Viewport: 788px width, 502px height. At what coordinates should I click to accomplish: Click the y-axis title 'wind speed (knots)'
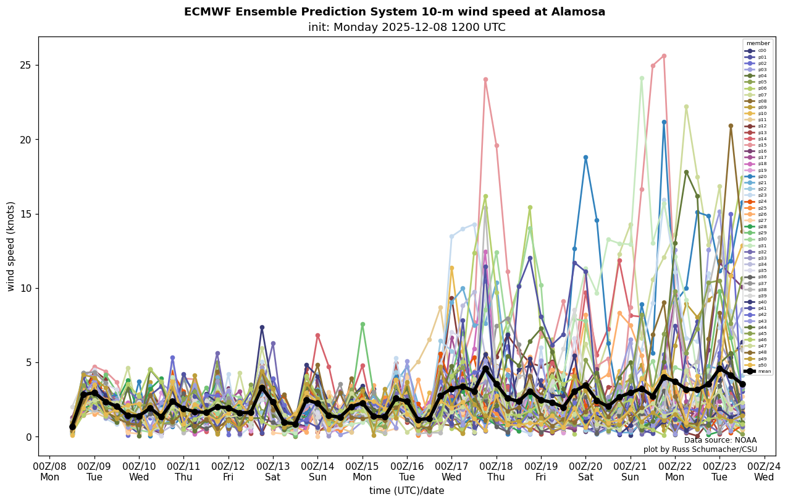11,246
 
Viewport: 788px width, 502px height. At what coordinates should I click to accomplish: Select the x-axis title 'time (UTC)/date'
406,491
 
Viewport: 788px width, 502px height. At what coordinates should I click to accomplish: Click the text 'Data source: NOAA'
720,440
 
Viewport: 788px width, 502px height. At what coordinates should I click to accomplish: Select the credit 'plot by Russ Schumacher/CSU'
700,449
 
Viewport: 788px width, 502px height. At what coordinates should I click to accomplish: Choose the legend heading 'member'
758,43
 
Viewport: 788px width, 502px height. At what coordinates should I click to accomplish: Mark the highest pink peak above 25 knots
664,56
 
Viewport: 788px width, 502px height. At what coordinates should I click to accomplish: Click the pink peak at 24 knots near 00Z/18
485,79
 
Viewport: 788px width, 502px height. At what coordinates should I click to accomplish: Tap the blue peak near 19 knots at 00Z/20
585,157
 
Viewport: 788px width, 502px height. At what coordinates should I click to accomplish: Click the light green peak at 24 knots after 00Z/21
642,78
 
